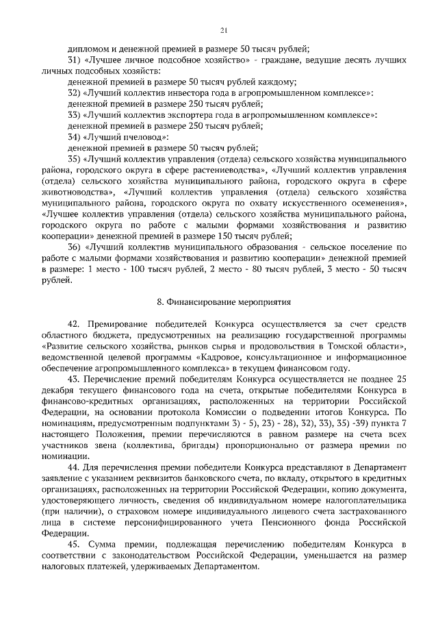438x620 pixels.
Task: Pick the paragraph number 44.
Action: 75,467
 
